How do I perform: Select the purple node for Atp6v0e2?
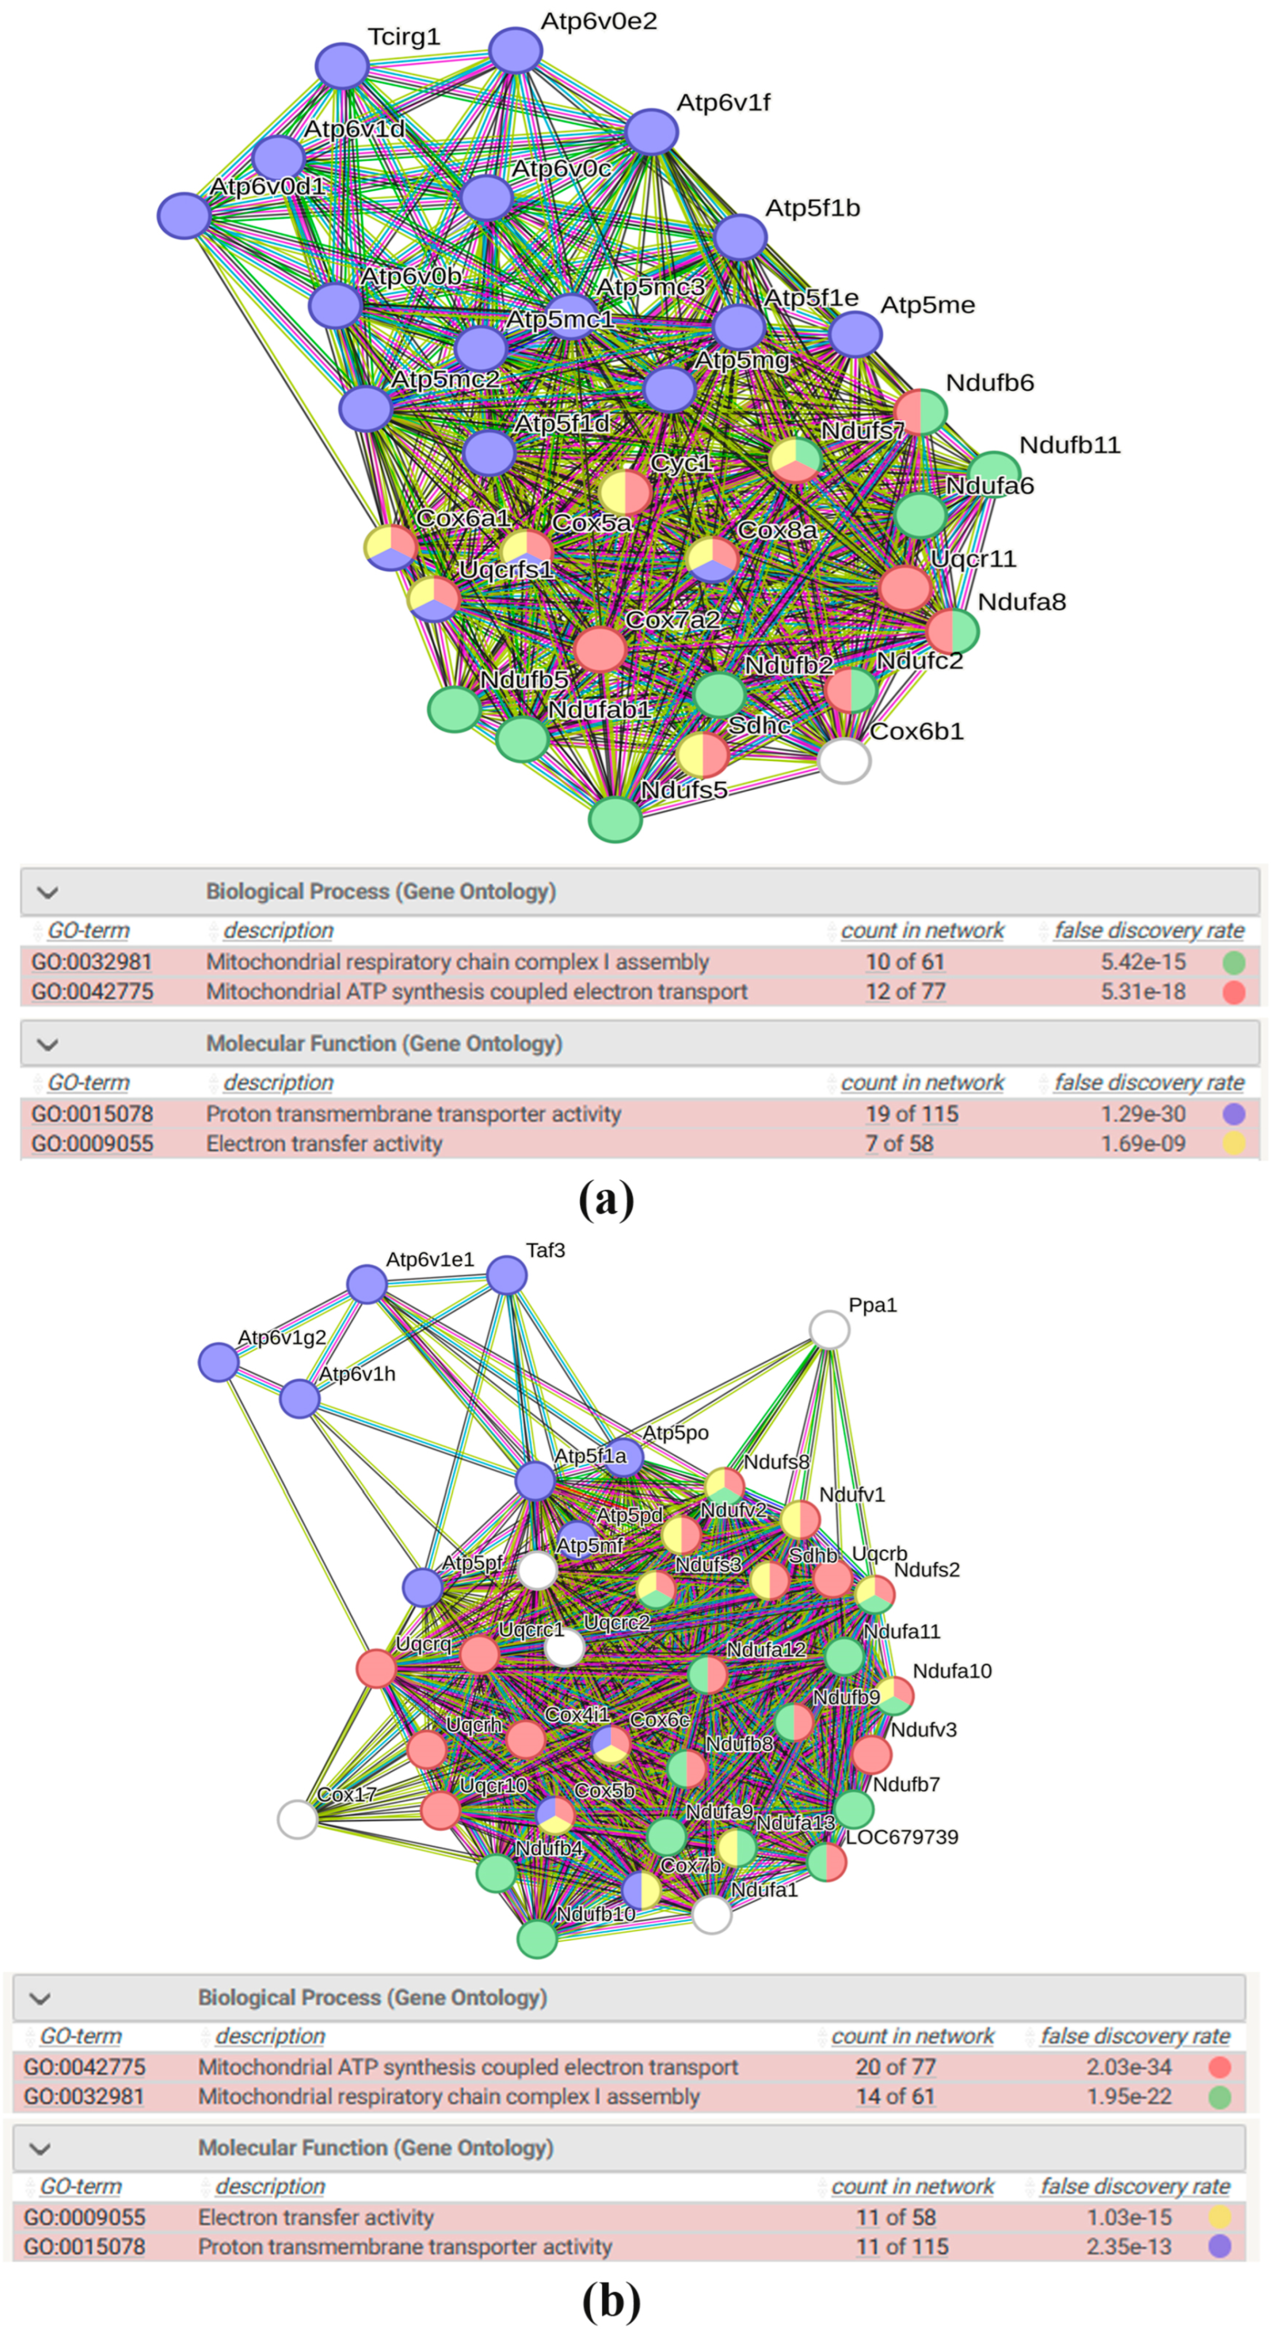(515, 50)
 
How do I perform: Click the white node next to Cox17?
(297, 1819)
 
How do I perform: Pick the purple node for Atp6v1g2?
(218, 1362)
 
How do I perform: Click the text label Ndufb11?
(1070, 445)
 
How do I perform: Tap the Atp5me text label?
(928, 305)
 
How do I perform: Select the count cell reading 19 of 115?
(911, 1114)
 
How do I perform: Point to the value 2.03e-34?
(1129, 2068)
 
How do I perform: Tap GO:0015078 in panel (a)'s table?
(92, 1114)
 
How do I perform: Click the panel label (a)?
(606, 1200)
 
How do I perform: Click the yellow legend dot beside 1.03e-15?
(1220, 2217)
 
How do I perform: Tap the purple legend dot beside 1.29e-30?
(1233, 1114)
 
